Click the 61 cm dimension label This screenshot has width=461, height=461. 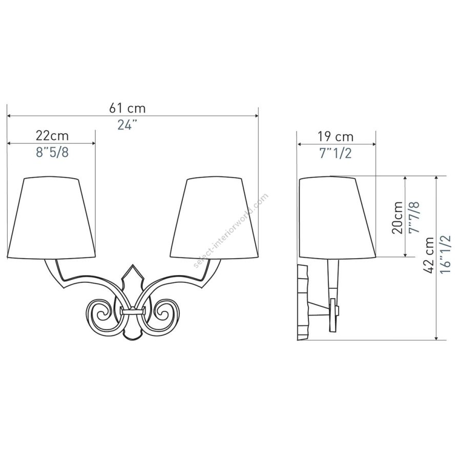tap(128, 108)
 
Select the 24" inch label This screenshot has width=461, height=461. tap(128, 125)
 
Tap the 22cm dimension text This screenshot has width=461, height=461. tap(52, 136)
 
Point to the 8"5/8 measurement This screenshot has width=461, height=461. tap(52, 152)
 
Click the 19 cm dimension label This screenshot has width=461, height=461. tap(336, 137)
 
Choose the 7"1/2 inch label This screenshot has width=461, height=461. tap(336, 153)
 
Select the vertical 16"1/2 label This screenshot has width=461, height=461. tap(446, 254)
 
